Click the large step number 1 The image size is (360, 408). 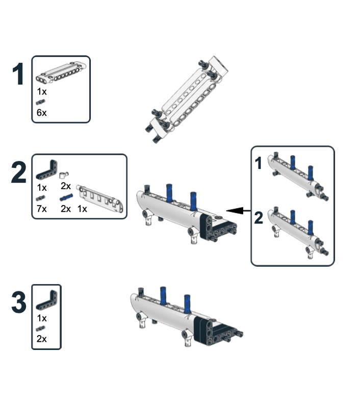18,74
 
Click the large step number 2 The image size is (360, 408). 19,172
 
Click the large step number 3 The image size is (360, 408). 19,302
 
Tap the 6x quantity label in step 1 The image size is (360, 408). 42,113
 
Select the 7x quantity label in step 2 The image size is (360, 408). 42,209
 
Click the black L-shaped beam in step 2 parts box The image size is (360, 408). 47,170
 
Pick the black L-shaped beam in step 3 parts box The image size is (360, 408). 47,300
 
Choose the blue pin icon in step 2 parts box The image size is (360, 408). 66,197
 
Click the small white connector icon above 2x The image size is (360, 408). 64,175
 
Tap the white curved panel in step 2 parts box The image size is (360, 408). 100,198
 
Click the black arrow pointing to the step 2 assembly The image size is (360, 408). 239,211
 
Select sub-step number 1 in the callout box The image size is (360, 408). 258,163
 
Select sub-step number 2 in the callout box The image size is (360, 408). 259,218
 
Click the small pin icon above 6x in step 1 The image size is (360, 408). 40,102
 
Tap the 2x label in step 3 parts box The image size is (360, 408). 42,339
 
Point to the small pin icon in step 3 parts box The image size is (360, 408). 40,328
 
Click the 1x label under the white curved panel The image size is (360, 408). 82,209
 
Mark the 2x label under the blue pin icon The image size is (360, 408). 66,209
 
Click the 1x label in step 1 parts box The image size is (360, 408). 42,92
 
